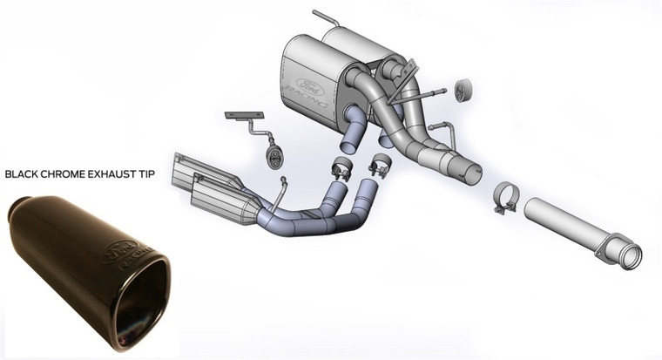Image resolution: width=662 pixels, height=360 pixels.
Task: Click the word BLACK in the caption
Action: pyautogui.click(x=24, y=173)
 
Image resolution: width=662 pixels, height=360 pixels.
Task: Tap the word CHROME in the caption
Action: pyautogui.click(x=68, y=173)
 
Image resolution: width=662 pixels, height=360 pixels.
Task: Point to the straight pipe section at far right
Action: pyautogui.click(x=575, y=226)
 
